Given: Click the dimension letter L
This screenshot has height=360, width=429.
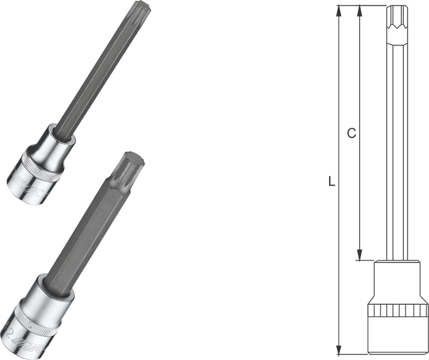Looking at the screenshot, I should (331, 182).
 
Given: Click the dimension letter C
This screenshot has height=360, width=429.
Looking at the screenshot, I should (351, 133).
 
